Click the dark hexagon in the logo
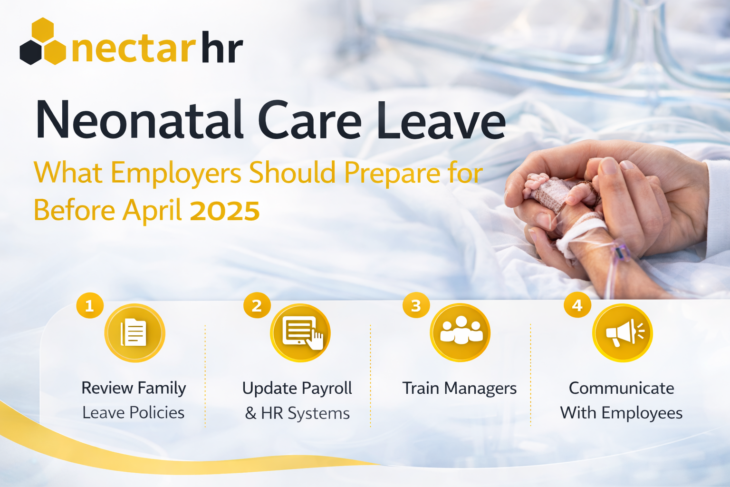[31, 52]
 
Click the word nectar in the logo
[133, 49]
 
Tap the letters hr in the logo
[222, 47]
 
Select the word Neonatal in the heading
[140, 120]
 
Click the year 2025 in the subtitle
[225, 211]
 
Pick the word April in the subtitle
[152, 211]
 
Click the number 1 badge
[89, 305]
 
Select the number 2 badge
[257, 305]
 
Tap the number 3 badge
[416, 305]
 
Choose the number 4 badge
[577, 305]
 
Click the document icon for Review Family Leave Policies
[134, 333]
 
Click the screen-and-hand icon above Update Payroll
[300, 333]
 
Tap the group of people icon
[460, 332]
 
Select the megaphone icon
[622, 333]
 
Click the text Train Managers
[459, 389]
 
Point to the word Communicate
[621, 388]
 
